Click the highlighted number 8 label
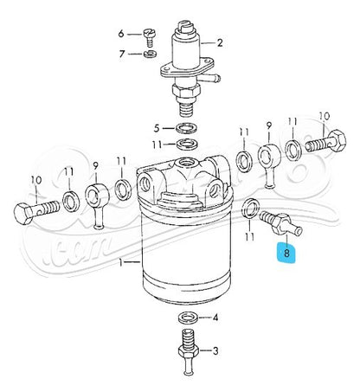click(284, 254)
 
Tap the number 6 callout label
click(122, 34)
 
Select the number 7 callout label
click(122, 55)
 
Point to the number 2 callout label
click(220, 42)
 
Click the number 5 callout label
click(157, 125)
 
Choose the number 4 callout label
click(215, 318)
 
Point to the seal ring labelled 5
click(185, 126)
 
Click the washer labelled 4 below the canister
click(185, 319)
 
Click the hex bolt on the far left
click(35, 210)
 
